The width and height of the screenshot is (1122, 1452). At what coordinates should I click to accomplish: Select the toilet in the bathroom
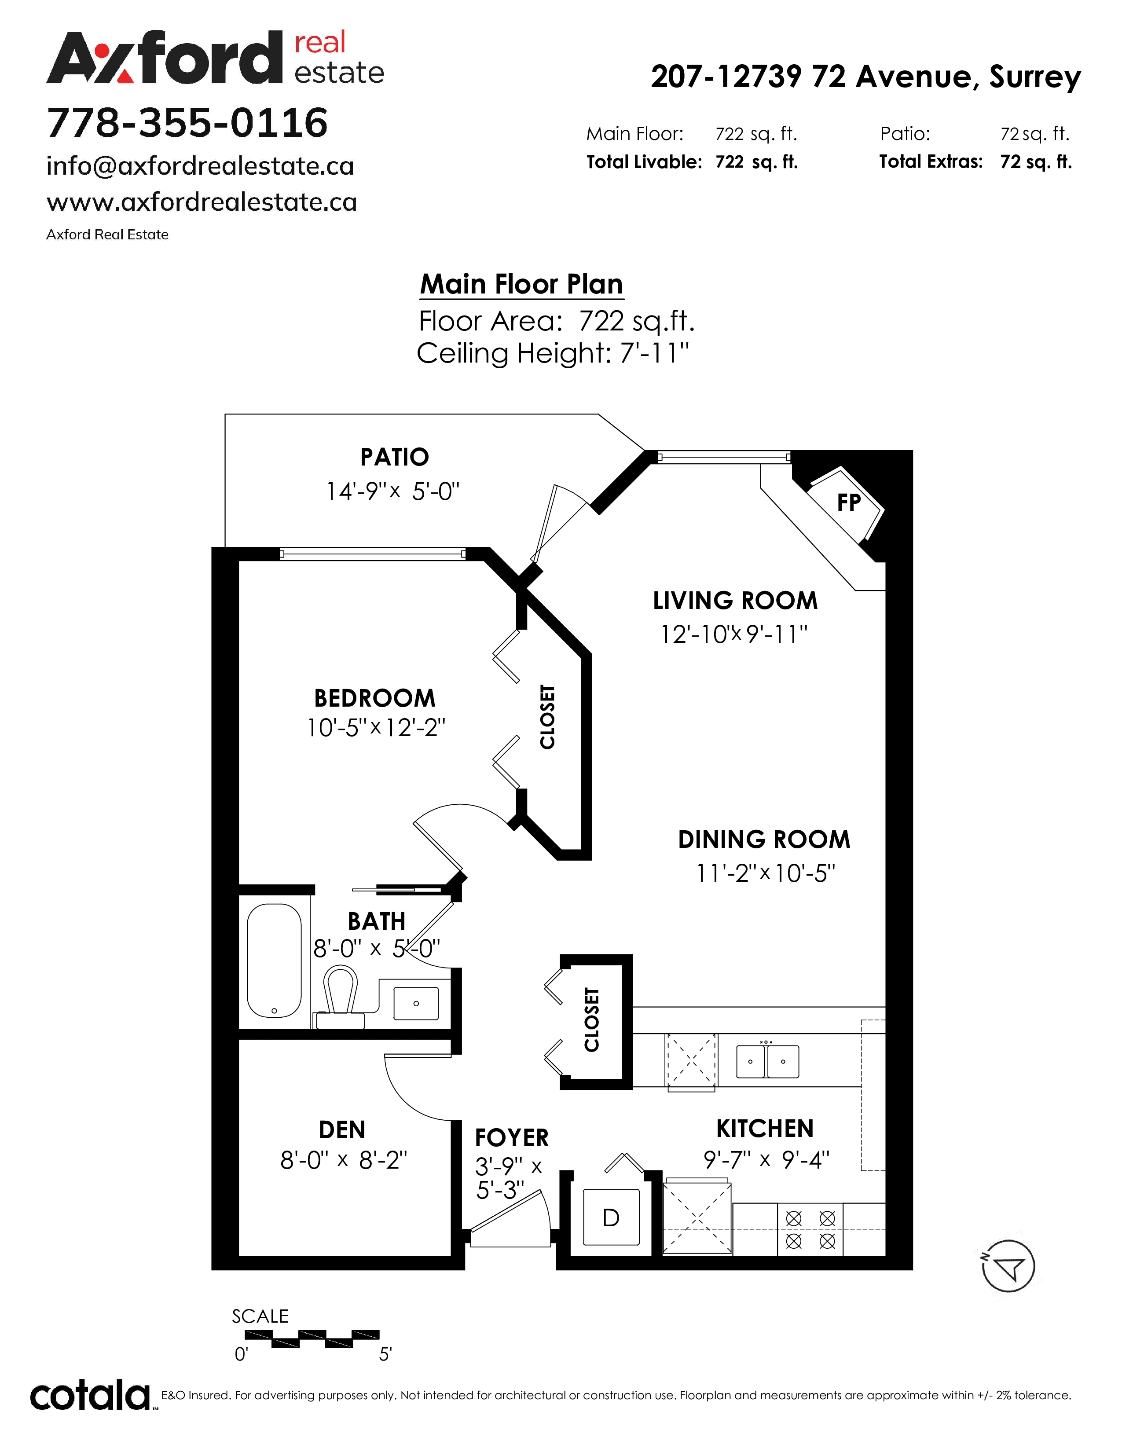(x=340, y=999)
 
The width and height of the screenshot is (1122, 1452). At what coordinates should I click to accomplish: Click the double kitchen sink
(x=768, y=1061)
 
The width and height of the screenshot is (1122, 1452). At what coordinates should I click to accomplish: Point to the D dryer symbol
(x=611, y=1217)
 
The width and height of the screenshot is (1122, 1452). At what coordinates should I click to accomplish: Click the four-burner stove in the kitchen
(x=810, y=1229)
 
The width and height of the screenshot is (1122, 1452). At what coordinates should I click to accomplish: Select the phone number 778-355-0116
(x=187, y=123)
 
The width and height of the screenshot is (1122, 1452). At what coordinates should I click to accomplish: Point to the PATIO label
(x=395, y=458)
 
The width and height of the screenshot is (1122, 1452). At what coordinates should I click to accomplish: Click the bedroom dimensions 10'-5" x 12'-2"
(x=376, y=728)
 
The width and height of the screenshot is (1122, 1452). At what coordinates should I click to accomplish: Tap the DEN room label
(x=341, y=1130)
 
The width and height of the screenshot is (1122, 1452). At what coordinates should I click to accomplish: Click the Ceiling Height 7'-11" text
(x=553, y=353)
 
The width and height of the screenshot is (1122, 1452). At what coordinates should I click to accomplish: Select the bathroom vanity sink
(x=416, y=1003)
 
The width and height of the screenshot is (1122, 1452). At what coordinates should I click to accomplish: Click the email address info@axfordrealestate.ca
(x=200, y=166)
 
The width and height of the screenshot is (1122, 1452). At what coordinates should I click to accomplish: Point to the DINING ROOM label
(x=764, y=840)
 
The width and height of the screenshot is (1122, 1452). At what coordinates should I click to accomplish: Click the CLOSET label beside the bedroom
(x=547, y=717)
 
